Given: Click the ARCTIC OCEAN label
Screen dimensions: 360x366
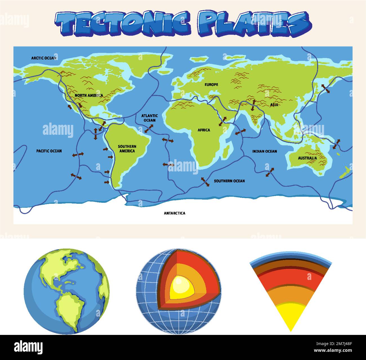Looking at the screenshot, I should tap(44, 58).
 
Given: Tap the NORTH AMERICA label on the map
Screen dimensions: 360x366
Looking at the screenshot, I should tap(89, 96).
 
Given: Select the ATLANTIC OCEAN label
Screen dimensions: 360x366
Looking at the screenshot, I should tap(149, 118).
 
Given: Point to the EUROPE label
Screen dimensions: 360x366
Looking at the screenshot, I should tap(211, 85).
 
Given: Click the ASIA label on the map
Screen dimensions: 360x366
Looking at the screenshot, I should tap(274, 105).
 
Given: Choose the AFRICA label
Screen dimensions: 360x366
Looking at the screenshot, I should tap(204, 130).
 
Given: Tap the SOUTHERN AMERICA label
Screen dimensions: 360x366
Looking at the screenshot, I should tap(127, 149).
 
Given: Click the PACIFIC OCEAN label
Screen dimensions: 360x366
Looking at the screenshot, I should tap(49, 151).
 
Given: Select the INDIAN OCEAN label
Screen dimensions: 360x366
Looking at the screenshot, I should tap(264, 151).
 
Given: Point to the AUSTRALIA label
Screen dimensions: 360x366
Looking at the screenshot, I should tap(307, 158).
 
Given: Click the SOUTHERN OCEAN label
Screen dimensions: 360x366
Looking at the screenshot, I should tap(229, 181).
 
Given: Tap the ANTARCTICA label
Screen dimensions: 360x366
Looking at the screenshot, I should tap(175, 213).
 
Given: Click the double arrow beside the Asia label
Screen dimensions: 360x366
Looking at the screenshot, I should tap(253, 105).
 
